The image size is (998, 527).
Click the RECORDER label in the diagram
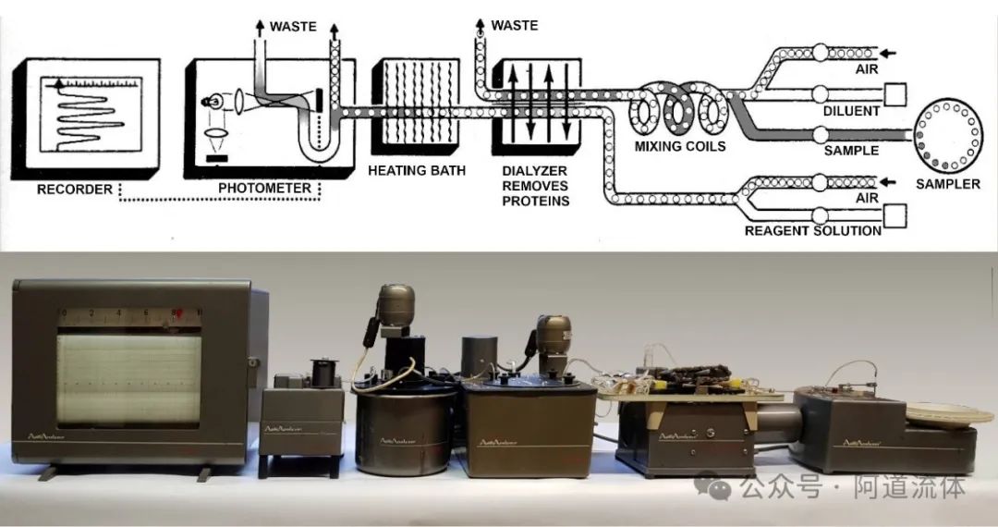coord(73,190)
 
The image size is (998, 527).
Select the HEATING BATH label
coord(417,170)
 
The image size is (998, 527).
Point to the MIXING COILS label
coord(680,146)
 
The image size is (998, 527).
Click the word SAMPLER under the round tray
coord(948,184)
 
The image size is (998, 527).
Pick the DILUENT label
coord(851,111)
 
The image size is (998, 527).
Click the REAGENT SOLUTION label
coord(812,230)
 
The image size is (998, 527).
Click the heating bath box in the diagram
coord(416,105)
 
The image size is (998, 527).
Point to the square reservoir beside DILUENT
coord(895,93)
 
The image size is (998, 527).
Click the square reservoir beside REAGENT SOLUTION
coord(895,214)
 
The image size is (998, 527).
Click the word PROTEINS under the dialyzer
coord(536,201)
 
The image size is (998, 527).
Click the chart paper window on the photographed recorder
coord(128,379)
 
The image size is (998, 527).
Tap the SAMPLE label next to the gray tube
coord(851,150)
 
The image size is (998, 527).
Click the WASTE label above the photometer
coord(294,26)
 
